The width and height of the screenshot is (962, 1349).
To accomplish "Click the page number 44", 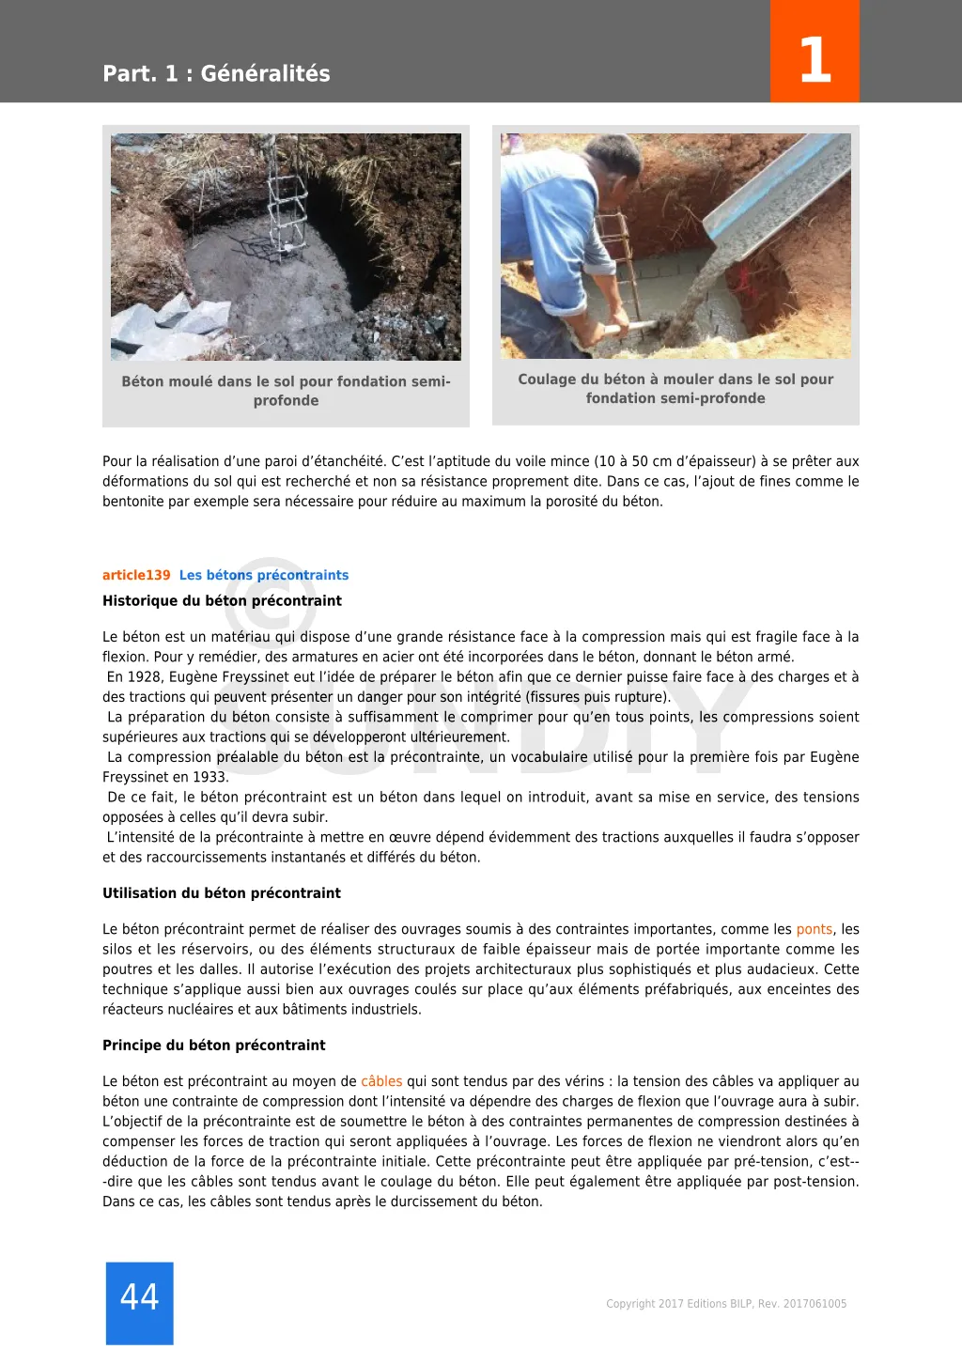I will pos(139,1297).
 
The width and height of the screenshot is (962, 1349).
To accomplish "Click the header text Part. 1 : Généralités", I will pos(216,73).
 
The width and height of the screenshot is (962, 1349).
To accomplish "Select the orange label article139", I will pos(136,575).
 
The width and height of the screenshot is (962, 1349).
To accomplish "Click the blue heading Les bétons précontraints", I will pos(264,575).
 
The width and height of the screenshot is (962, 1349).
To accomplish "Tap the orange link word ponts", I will pos(814,929).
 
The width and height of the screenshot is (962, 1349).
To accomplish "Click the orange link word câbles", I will pos(381,1081).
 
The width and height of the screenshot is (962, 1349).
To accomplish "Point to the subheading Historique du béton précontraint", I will pos(222,600).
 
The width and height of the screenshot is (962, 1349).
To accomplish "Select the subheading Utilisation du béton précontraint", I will pos(222,892).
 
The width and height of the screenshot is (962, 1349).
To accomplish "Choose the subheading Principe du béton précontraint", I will pos(214,1045).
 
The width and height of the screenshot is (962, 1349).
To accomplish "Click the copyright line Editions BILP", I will pos(726,1304).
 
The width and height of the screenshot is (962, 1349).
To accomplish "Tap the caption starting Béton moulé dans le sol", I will pos(286,391).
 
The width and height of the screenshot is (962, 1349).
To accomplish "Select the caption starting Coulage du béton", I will pos(675,388).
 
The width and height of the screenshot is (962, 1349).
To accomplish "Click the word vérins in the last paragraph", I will pos(583,1081).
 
